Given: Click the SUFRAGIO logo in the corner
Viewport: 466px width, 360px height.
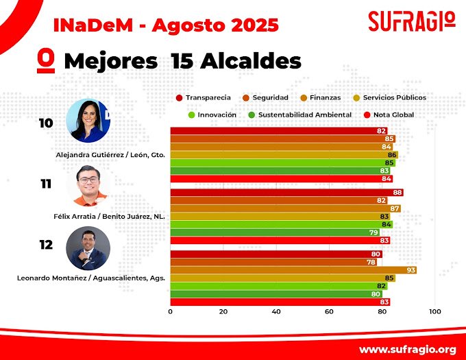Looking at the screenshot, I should [x=411, y=21].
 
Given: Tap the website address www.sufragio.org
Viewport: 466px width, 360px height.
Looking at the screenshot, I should [x=407, y=348].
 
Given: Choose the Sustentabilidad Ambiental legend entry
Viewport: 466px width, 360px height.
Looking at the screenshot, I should [x=299, y=115].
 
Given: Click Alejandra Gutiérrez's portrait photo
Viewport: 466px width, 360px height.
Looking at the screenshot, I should [x=88, y=121].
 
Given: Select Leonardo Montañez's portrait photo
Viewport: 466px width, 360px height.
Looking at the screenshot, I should [x=88, y=248].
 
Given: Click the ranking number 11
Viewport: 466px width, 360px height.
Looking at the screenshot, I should [x=46, y=184].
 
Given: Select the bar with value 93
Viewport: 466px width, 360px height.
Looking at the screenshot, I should [x=293, y=270].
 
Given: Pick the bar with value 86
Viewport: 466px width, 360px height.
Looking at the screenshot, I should [x=284, y=155].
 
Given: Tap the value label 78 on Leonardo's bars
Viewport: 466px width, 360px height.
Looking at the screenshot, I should [x=371, y=262].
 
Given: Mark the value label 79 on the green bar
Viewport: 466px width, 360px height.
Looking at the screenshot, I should [x=373, y=232].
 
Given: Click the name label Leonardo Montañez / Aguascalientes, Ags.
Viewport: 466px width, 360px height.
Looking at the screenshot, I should [x=90, y=278].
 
